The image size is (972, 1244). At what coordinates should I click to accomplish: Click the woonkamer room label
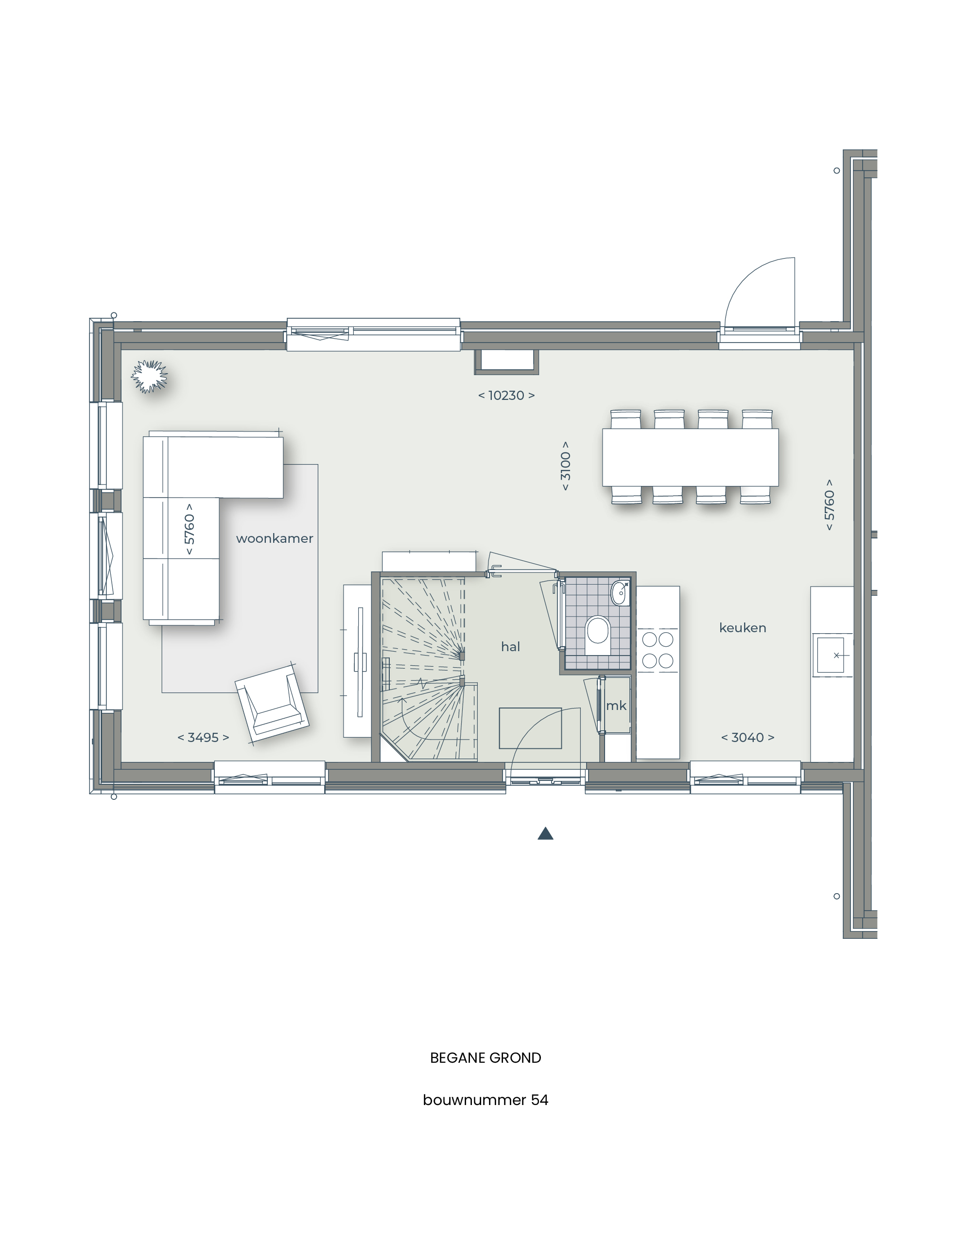click(x=275, y=539)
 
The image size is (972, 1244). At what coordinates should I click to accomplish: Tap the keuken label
click(x=743, y=628)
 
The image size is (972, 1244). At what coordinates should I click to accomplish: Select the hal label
click(x=510, y=646)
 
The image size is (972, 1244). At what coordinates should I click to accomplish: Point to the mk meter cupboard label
click(x=616, y=706)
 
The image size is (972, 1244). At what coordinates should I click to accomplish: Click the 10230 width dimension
click(x=506, y=395)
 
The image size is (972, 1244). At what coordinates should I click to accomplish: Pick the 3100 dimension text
click(x=565, y=466)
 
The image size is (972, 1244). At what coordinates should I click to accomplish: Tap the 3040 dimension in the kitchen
click(x=747, y=738)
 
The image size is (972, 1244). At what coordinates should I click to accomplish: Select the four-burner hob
click(x=658, y=650)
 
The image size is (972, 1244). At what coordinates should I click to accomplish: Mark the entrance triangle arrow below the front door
click(x=545, y=834)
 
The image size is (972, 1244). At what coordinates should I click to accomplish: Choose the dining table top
click(x=690, y=457)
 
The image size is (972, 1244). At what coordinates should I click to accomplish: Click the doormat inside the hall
click(x=530, y=728)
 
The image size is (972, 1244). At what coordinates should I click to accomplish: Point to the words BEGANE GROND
click(x=486, y=1058)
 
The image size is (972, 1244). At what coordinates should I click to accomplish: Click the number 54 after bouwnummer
click(x=539, y=1099)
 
